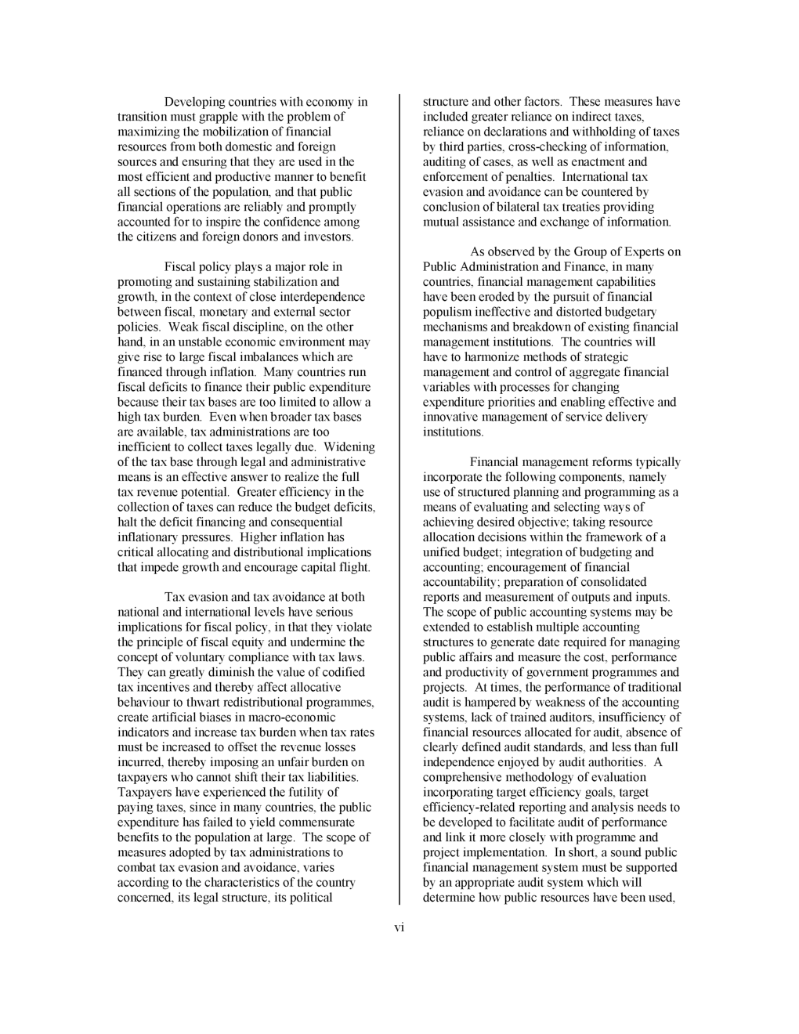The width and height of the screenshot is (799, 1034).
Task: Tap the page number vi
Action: click(399, 927)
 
